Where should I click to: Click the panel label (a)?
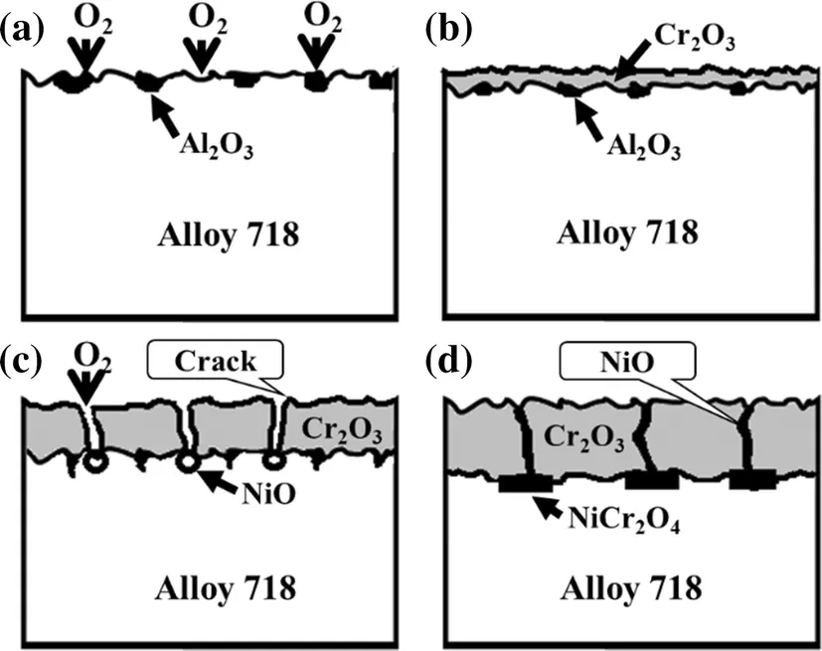(22, 28)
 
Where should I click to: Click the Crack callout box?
(216, 360)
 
